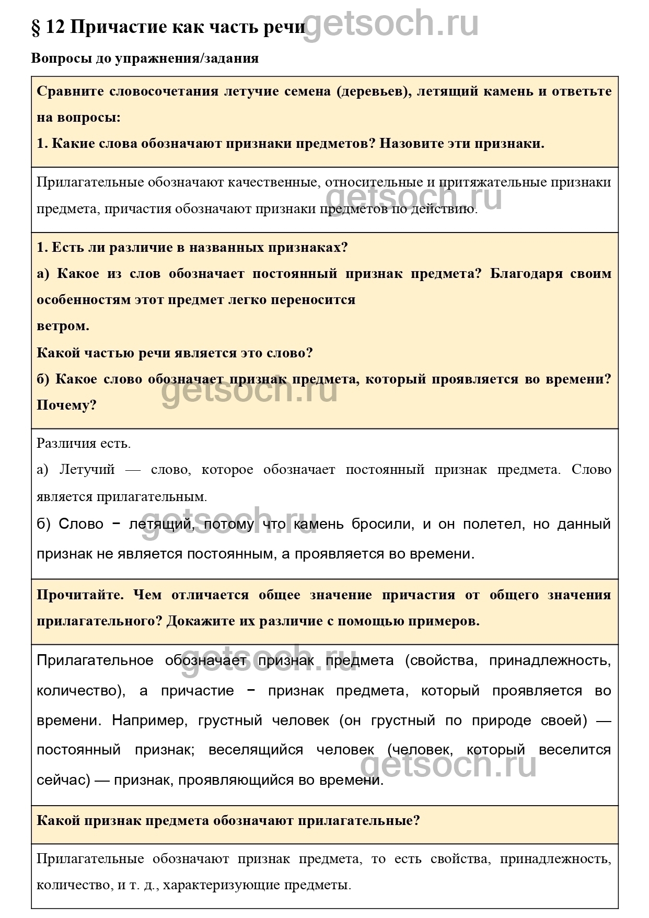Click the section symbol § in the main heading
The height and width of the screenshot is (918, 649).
pyautogui.click(x=36, y=27)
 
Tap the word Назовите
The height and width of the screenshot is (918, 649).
pyautogui.click(x=411, y=143)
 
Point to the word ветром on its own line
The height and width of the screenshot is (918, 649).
pyautogui.click(x=63, y=326)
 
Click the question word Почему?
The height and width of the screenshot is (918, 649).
pyautogui.click(x=67, y=405)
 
